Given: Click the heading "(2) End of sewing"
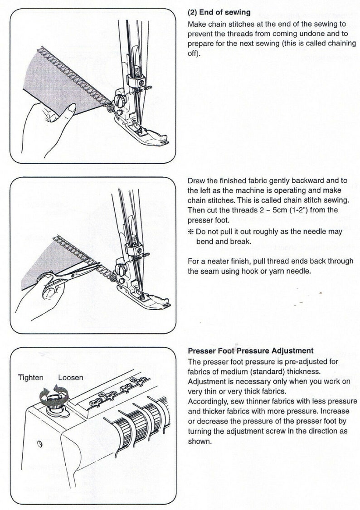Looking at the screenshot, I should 219,13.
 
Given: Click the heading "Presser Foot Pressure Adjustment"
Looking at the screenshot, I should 250,350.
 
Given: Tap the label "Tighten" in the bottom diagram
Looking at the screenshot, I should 31,377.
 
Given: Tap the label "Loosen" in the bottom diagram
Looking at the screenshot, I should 71,377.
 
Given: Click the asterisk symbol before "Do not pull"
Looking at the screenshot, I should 191,232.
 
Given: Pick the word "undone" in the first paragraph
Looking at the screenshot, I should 320,34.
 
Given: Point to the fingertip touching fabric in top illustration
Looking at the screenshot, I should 71,108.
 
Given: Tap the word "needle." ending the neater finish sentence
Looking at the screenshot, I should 298,271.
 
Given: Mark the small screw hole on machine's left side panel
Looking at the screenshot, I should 39,442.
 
